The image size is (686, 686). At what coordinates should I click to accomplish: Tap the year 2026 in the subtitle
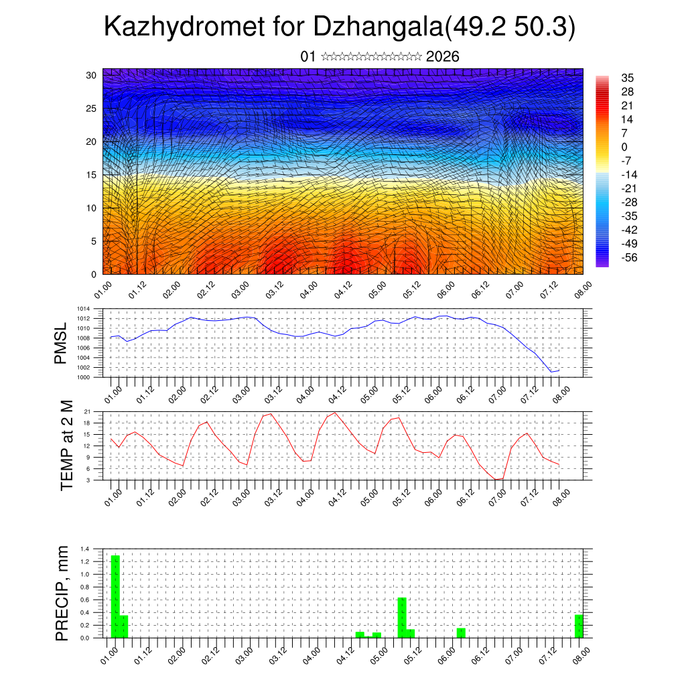pyautogui.click(x=442, y=56)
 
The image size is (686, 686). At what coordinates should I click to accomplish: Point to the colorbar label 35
pyautogui.click(x=628, y=78)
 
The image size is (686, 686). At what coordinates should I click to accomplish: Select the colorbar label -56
pyautogui.click(x=630, y=257)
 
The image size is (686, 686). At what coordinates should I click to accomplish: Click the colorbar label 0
pyautogui.click(x=624, y=147)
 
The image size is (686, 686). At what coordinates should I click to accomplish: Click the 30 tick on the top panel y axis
pyautogui.click(x=92, y=75)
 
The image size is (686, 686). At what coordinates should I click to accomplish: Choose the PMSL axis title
pyautogui.click(x=61, y=343)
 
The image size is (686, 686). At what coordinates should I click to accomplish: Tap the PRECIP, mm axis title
pyautogui.click(x=62, y=593)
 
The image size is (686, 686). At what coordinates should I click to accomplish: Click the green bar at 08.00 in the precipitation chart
pyautogui.click(x=579, y=626)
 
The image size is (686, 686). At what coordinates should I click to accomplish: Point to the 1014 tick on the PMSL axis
pyautogui.click(x=83, y=309)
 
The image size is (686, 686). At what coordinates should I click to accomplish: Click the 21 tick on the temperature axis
pyautogui.click(x=87, y=411)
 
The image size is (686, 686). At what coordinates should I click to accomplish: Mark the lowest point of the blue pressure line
pyautogui.click(x=551, y=372)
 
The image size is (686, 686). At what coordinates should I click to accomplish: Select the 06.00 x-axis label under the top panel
pyautogui.click(x=446, y=290)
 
